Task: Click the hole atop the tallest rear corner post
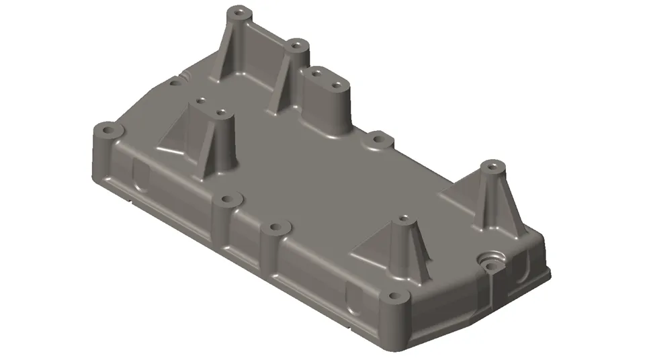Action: point(238,12)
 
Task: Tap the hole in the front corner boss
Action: point(391,296)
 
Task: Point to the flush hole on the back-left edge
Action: point(176,83)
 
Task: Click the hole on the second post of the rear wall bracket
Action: point(296,46)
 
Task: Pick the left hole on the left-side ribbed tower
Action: point(200,101)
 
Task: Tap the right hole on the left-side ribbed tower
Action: point(220,112)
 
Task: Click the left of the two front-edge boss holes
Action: point(229,200)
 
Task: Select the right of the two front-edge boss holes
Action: point(273,228)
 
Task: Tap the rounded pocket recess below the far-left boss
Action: point(142,176)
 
